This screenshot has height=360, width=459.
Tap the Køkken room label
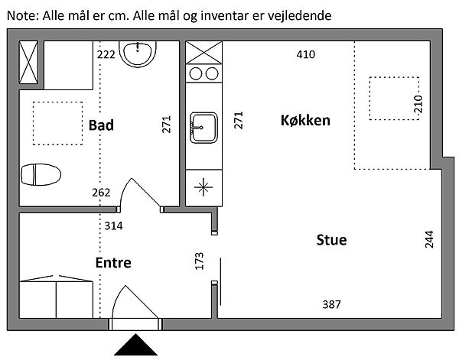click(x=305, y=121)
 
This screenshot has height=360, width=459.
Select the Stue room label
click(x=331, y=240)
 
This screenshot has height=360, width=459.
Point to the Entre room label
click(x=113, y=263)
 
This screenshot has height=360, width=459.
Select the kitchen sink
click(x=203, y=126)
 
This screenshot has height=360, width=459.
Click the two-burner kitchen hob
click(x=203, y=74)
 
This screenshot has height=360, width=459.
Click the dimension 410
click(x=306, y=54)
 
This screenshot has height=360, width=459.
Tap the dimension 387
click(x=330, y=304)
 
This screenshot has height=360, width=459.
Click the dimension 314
click(x=113, y=225)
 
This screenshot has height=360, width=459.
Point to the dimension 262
click(x=101, y=193)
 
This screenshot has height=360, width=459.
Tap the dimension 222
click(x=107, y=54)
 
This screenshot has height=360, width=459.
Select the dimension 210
click(x=418, y=103)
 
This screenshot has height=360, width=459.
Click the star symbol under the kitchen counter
click(x=203, y=186)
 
